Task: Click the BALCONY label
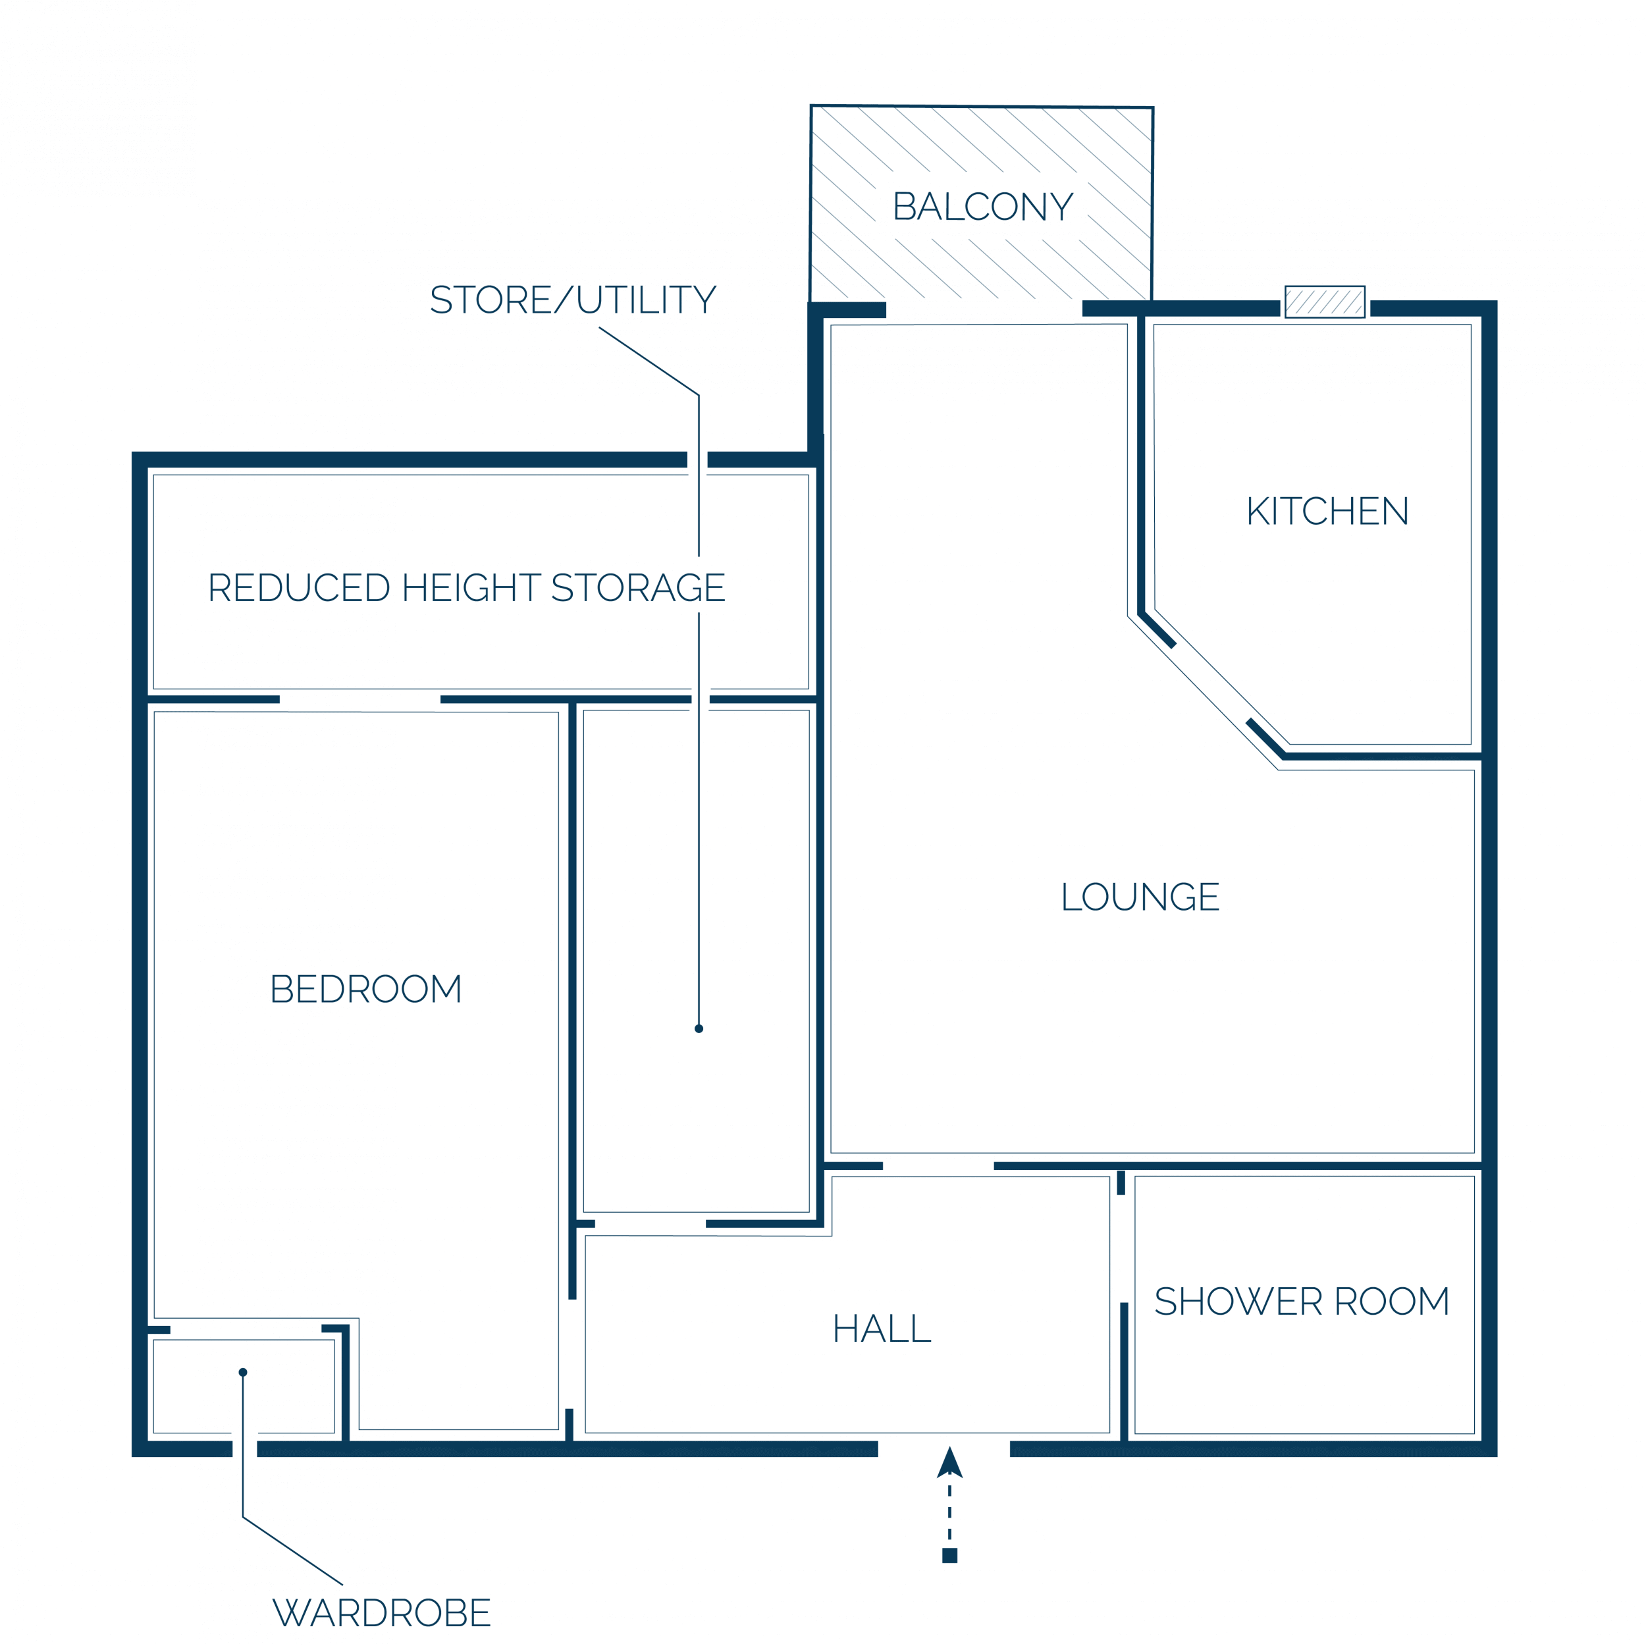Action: tap(982, 207)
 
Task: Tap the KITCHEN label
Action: tap(1327, 511)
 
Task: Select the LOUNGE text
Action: tap(1140, 897)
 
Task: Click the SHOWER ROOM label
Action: tap(1302, 1301)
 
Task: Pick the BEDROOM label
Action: tap(365, 989)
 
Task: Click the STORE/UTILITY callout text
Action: tap(573, 300)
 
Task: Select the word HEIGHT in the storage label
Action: tap(470, 588)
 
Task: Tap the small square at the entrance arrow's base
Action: tap(950, 1556)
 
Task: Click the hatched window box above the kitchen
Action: tap(1325, 302)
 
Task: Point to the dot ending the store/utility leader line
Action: tap(699, 1028)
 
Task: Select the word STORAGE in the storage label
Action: tap(638, 588)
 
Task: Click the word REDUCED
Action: tap(299, 588)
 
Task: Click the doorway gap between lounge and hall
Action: tap(938, 1165)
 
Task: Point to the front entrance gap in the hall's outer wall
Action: tap(944, 1449)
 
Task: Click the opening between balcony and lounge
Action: tap(984, 309)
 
